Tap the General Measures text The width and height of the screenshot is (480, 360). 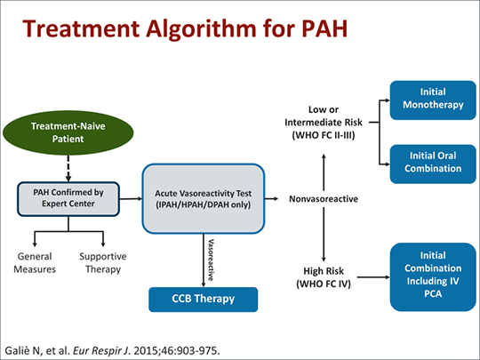35,262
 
